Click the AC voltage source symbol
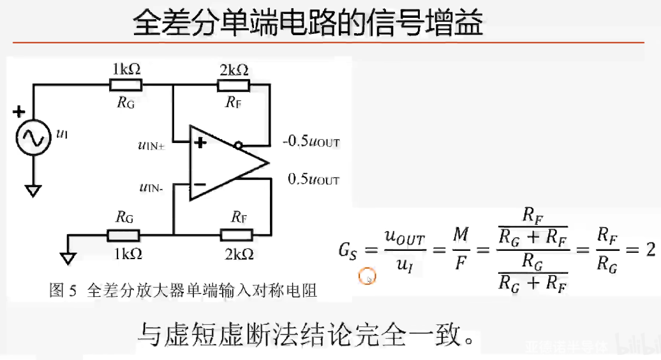[33, 137]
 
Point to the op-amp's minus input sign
[200, 185]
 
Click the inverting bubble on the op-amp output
[238, 146]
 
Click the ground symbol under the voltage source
[33, 190]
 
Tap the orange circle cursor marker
[368, 277]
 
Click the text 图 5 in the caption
[63, 291]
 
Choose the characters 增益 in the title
[454, 24]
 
